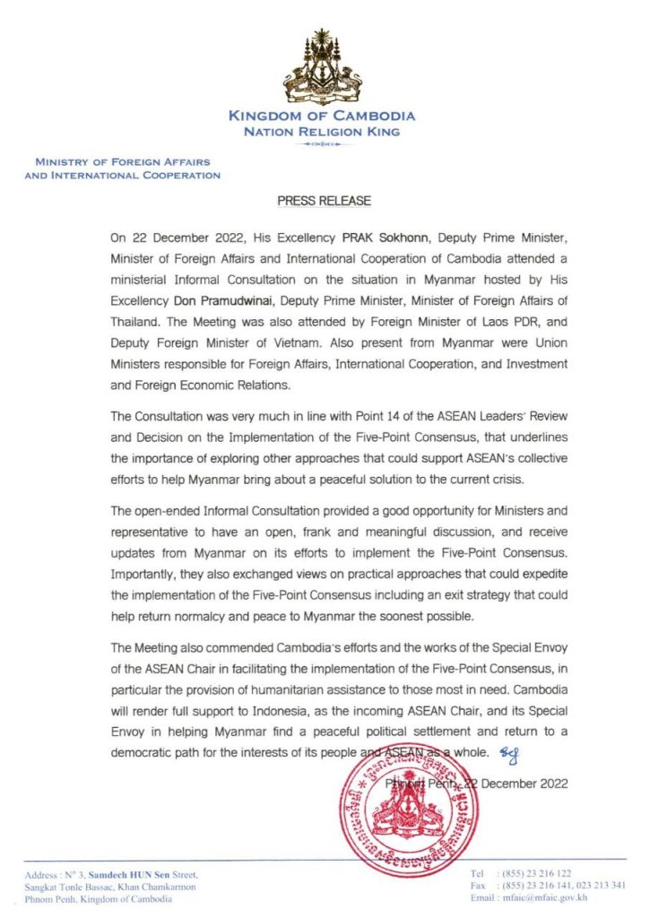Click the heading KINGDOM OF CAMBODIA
pos(322,116)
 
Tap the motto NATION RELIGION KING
pos(322,131)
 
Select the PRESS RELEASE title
pos(324,201)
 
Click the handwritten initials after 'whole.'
pos(511,751)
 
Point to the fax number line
pos(548,885)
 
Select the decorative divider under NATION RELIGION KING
pos(322,143)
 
